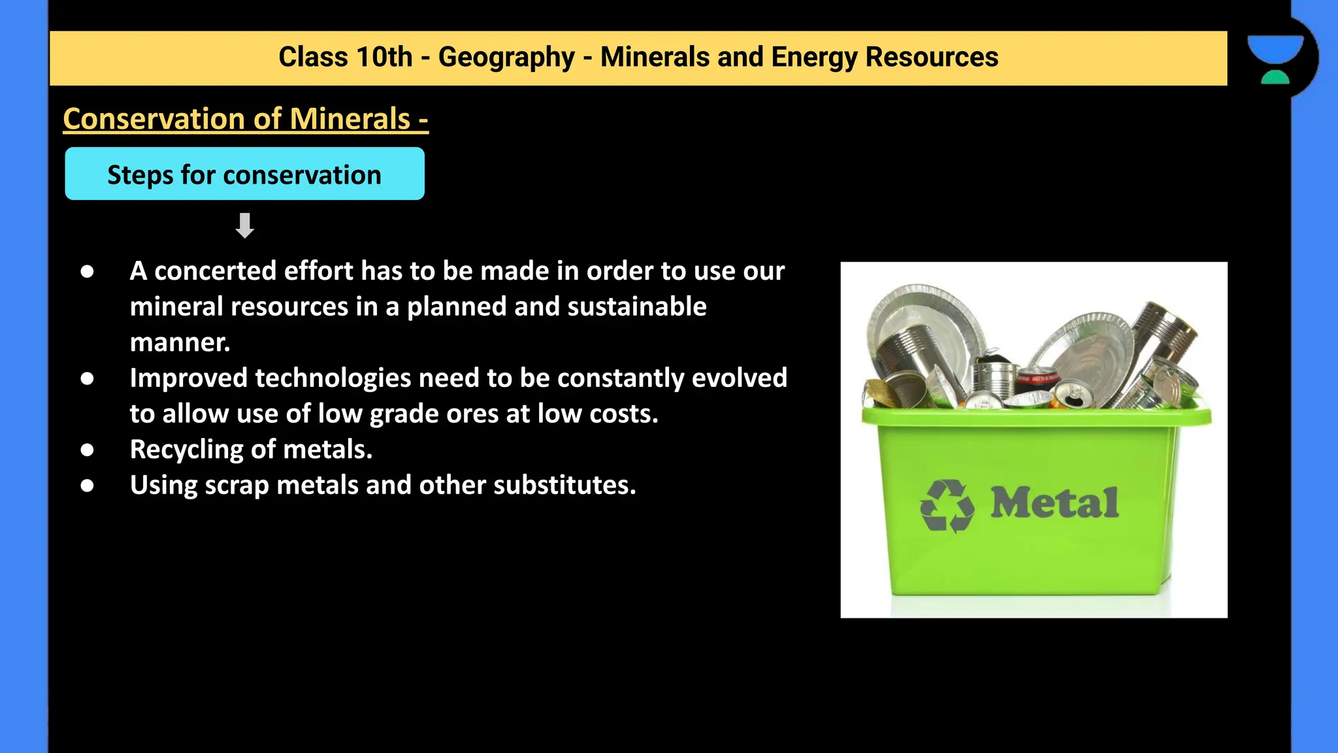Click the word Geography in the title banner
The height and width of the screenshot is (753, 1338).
click(x=506, y=58)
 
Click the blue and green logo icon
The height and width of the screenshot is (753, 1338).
click(x=1275, y=59)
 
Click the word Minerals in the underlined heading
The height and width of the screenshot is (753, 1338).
click(x=350, y=119)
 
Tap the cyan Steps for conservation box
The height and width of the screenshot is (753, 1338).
click(x=244, y=174)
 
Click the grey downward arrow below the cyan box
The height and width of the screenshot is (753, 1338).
click(x=245, y=226)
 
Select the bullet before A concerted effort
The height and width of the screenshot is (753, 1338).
click(x=87, y=272)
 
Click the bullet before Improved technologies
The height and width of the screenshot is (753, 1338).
click(x=87, y=379)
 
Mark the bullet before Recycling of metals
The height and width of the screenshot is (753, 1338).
click(x=87, y=450)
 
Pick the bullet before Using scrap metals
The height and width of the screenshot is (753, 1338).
click(x=87, y=486)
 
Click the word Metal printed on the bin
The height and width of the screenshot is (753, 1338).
click(x=1054, y=503)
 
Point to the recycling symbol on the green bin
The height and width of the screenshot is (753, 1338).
click(x=947, y=506)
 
